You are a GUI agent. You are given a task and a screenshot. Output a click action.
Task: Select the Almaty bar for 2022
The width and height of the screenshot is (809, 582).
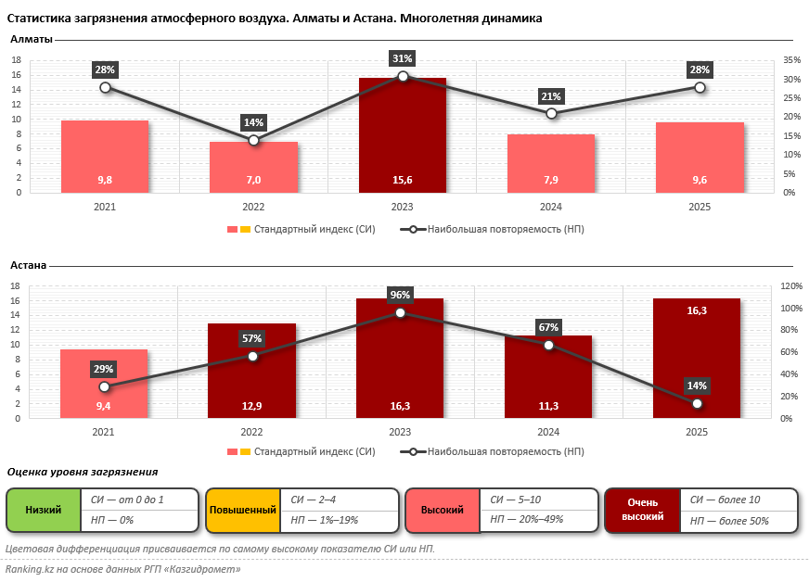(x=253, y=167)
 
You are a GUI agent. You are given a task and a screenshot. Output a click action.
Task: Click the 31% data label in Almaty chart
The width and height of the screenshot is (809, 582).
(x=403, y=58)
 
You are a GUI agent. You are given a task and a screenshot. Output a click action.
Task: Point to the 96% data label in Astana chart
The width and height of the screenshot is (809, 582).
(x=400, y=295)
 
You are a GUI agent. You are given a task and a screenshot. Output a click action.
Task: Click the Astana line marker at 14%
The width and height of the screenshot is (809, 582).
(x=697, y=403)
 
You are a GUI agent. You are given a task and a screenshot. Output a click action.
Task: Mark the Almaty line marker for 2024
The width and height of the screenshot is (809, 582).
(x=551, y=113)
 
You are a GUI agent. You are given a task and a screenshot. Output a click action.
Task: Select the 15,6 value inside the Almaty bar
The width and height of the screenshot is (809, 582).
(x=403, y=180)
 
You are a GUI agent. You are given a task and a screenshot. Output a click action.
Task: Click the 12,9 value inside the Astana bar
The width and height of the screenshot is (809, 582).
(x=251, y=406)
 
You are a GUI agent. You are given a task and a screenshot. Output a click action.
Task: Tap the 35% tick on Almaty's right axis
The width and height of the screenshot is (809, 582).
(x=791, y=60)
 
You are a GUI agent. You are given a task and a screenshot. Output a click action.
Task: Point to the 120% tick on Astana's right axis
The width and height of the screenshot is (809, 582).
(x=791, y=285)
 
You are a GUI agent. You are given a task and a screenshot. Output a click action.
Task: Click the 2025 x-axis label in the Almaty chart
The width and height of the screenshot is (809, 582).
(x=700, y=208)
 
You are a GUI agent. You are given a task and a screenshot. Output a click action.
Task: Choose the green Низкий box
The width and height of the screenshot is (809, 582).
(x=44, y=510)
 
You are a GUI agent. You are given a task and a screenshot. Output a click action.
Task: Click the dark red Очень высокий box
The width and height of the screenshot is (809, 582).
(x=641, y=510)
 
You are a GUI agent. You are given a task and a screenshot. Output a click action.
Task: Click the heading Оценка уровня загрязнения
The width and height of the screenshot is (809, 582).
(x=83, y=472)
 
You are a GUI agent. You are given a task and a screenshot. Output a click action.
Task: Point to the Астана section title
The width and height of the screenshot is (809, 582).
(x=29, y=265)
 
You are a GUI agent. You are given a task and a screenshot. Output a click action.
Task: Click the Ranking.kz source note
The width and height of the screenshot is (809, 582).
(x=122, y=569)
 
